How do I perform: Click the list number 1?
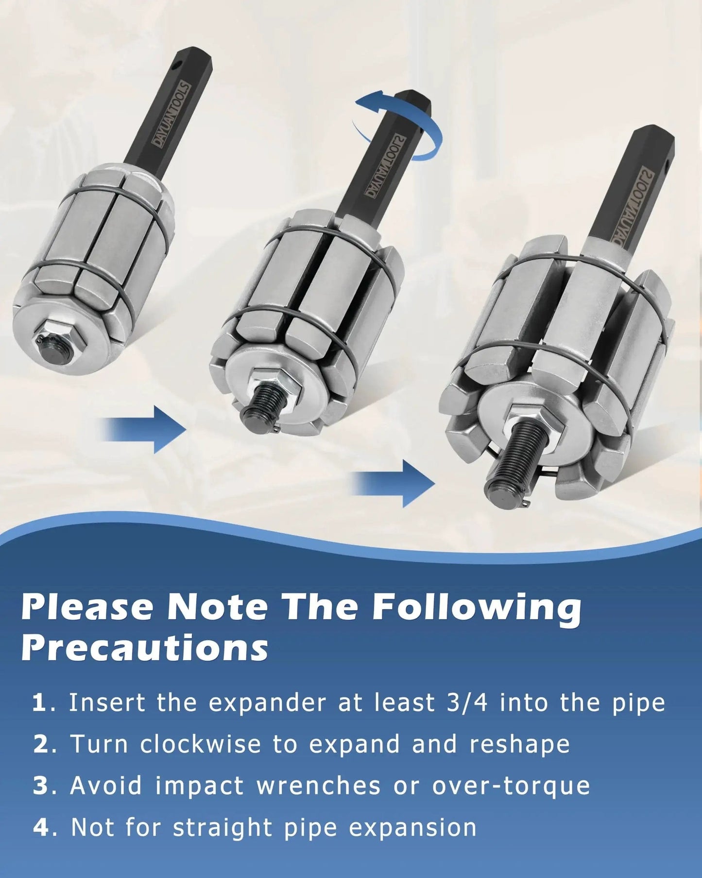39,703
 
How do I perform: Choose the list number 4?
41,828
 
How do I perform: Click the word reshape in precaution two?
520,745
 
